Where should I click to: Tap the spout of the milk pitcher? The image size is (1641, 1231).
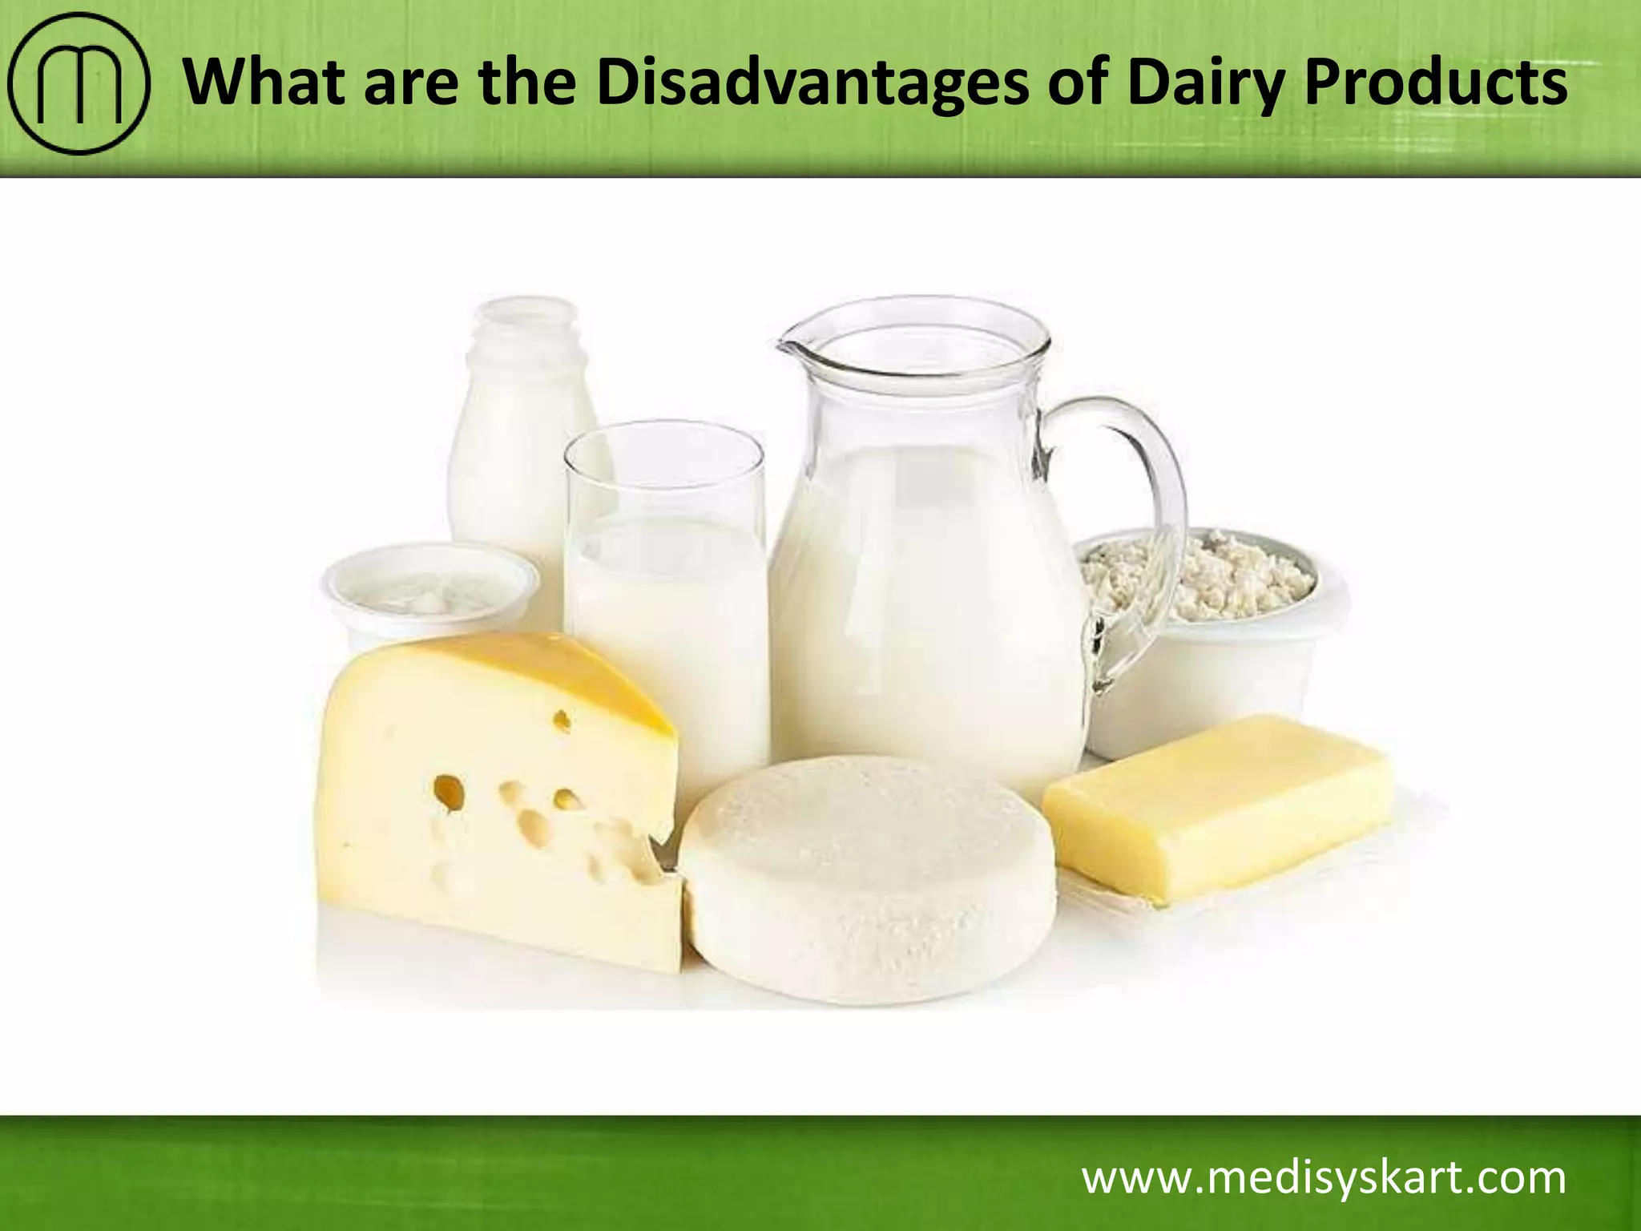point(793,349)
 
